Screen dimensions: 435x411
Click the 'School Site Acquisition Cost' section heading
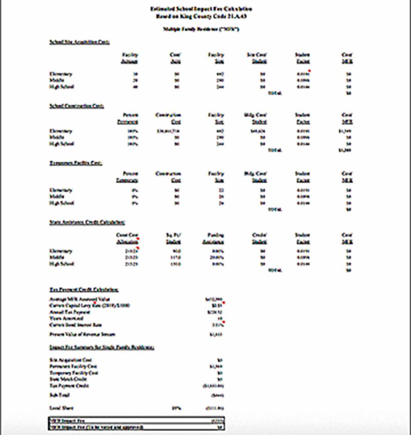tap(79, 42)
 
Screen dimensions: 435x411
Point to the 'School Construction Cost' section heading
tap(77, 106)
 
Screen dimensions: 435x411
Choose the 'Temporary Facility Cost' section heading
tap(76, 163)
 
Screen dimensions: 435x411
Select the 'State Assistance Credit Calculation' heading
tap(87, 222)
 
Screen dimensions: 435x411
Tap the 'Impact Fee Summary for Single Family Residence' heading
tap(102, 347)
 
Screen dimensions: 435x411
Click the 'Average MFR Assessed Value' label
tap(74, 299)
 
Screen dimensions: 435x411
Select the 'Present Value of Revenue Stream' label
tap(82, 334)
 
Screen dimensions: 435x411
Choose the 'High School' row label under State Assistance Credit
tap(62, 264)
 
